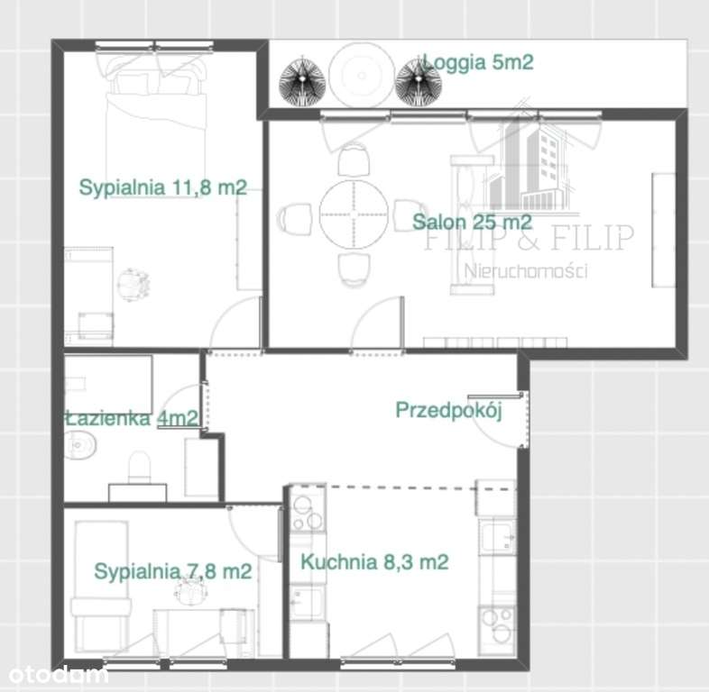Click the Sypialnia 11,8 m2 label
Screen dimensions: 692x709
pos(162,188)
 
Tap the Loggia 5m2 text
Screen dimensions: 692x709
pos(478,62)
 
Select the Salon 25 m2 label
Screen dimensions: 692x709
pos(471,222)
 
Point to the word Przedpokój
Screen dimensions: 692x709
pos(448,411)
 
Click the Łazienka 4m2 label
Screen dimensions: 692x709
pos(132,417)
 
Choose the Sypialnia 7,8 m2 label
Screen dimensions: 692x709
pos(172,570)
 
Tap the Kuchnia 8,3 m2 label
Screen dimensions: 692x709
pos(374,562)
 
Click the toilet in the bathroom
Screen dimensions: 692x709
pos(141,467)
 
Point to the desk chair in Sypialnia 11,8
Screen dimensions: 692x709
pos(134,283)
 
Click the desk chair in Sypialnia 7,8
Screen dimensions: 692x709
pos(189,592)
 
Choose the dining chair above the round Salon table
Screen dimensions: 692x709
pos(353,161)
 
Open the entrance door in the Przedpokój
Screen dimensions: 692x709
pos(505,422)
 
